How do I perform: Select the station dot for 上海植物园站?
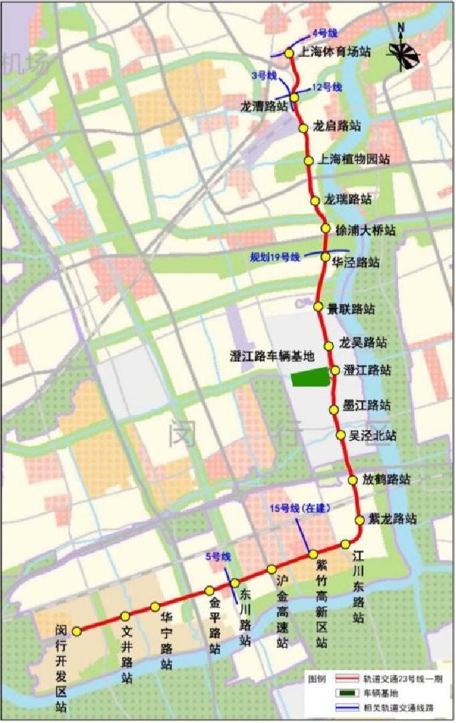(x=308, y=161)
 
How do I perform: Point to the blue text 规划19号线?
(x=275, y=256)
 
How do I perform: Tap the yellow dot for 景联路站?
(x=319, y=307)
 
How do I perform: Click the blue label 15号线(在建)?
(x=300, y=508)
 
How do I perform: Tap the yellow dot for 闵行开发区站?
(x=77, y=631)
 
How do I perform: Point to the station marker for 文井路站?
(x=124, y=617)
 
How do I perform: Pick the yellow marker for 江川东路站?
(x=345, y=544)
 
